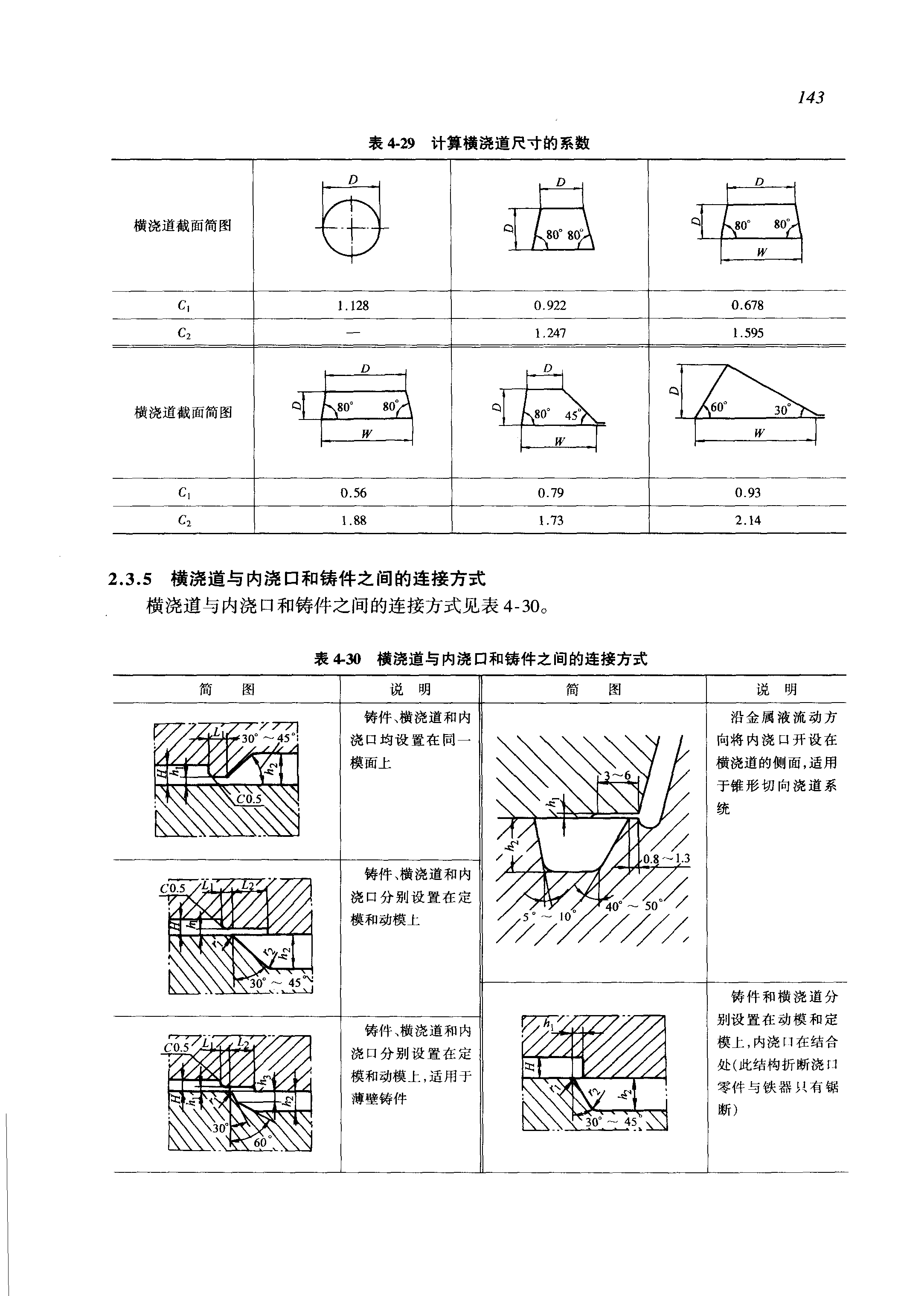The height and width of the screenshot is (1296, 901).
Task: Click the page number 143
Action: click(811, 98)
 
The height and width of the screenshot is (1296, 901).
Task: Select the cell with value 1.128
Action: click(353, 306)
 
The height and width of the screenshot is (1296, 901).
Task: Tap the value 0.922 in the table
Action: click(550, 306)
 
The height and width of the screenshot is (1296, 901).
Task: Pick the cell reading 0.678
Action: click(747, 305)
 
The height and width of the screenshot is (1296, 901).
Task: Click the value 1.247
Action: click(550, 333)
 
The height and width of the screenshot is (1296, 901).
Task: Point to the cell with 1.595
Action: click(747, 333)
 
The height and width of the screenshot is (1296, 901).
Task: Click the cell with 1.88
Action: click(353, 520)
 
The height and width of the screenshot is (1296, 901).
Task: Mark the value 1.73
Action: click(550, 520)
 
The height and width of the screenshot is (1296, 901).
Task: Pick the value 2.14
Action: click(747, 520)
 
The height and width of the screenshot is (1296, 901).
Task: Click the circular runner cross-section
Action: click(351, 228)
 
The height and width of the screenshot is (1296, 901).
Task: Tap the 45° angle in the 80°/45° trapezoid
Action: click(572, 415)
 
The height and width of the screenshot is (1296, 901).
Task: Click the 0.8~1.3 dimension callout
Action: click(667, 859)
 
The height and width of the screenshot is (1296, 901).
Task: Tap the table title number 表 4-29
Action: click(391, 143)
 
